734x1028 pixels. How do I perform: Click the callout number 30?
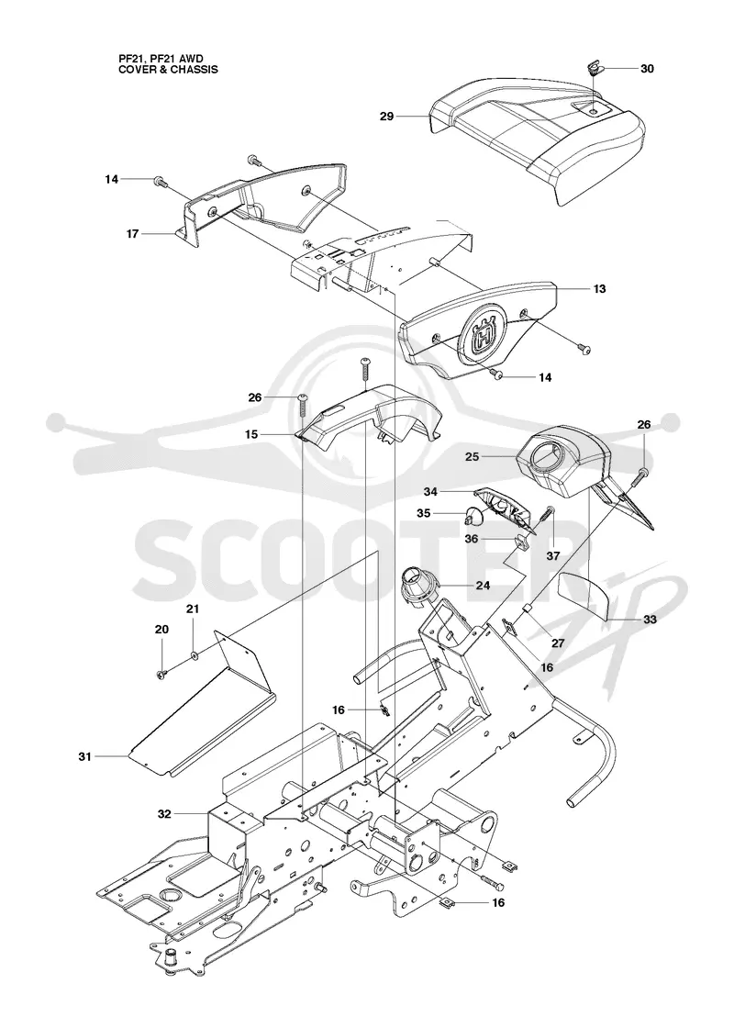point(647,69)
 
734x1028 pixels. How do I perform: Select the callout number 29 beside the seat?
point(386,116)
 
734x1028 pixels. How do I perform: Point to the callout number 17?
point(132,233)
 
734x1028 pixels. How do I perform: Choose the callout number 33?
point(650,619)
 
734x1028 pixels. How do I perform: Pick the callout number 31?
point(84,756)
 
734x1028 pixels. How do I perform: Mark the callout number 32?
point(164,814)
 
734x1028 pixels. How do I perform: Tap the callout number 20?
point(161,630)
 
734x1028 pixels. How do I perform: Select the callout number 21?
point(193,609)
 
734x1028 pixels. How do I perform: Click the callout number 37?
point(552,556)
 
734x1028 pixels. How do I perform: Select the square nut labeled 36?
point(522,542)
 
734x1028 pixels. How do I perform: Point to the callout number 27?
point(558,643)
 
